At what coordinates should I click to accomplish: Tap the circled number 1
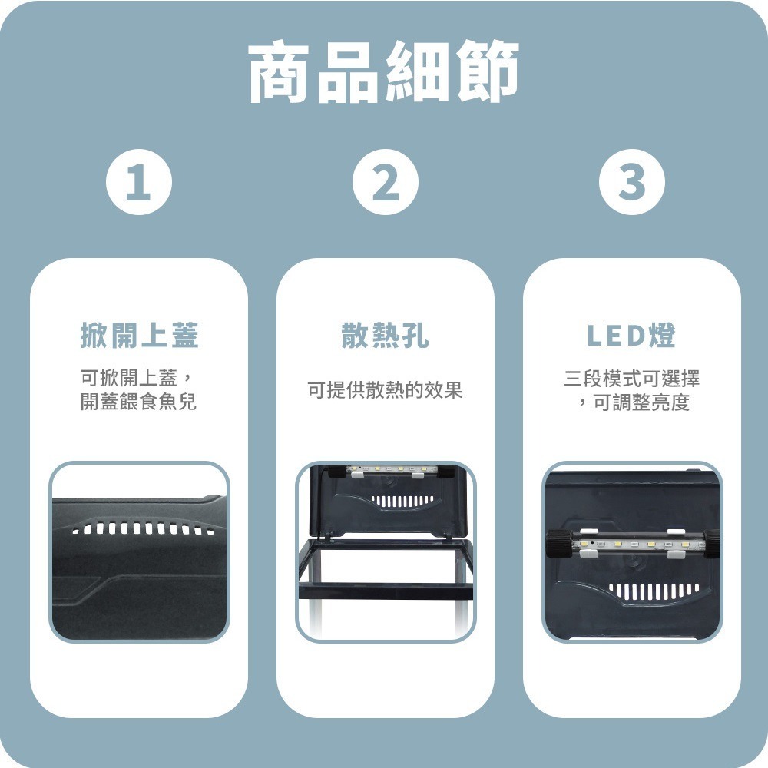(138, 184)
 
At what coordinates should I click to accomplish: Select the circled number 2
(386, 184)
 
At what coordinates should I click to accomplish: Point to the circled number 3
(631, 184)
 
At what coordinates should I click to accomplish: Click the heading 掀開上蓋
(139, 336)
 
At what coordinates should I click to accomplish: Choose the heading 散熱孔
(385, 336)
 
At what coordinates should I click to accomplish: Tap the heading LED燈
(631, 336)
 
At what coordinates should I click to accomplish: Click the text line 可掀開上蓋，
(139, 378)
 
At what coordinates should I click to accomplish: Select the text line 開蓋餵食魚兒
(139, 402)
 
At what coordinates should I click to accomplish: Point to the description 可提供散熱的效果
(385, 390)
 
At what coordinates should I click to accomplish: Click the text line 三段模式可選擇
(631, 378)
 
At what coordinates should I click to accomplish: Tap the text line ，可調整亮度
(631, 402)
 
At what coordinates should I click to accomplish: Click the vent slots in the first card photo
(139, 531)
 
